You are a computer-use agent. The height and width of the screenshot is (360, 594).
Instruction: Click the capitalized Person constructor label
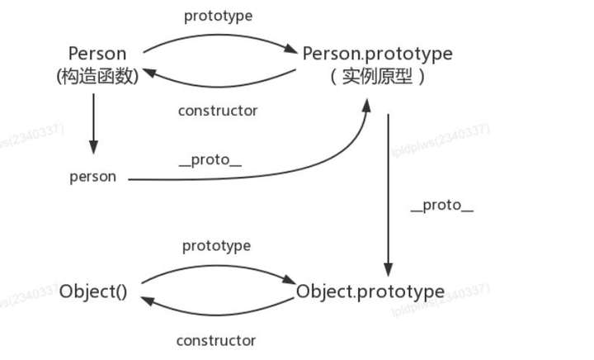[98, 54]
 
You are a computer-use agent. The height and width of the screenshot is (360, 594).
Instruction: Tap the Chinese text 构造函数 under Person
[98, 77]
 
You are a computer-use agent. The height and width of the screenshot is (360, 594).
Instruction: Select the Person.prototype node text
[378, 54]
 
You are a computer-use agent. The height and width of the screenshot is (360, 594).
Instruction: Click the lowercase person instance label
[92, 177]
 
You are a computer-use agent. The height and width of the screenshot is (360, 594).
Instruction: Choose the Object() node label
[93, 291]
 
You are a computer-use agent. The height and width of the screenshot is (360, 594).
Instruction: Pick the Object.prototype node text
[370, 291]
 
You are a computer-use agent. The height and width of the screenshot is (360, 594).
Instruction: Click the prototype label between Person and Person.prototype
[218, 16]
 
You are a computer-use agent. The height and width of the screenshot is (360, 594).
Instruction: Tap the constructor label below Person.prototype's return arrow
[218, 110]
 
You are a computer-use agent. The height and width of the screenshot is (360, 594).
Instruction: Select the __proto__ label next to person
[210, 160]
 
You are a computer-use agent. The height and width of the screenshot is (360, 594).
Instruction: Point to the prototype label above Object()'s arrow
[216, 246]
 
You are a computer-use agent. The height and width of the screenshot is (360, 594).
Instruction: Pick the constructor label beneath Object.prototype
[216, 339]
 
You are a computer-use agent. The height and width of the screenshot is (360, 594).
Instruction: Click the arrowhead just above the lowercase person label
[93, 148]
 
